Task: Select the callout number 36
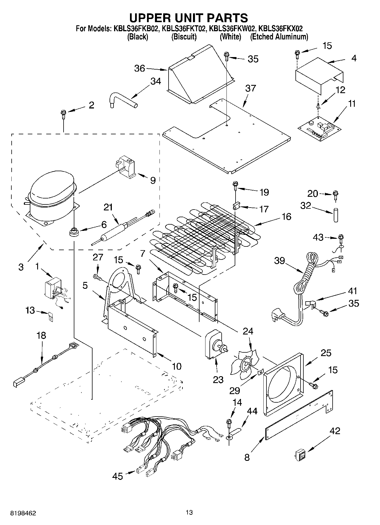pyautogui.click(x=140, y=68)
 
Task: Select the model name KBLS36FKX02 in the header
pyautogui.click(x=281, y=28)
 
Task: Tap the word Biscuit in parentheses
pyautogui.click(x=184, y=37)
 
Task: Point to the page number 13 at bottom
pyautogui.click(x=189, y=512)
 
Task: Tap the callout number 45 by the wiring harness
pyautogui.click(x=117, y=476)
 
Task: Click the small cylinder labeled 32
pyautogui.click(x=336, y=215)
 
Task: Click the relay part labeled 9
pyautogui.click(x=127, y=168)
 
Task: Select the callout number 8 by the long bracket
pyautogui.click(x=247, y=457)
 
